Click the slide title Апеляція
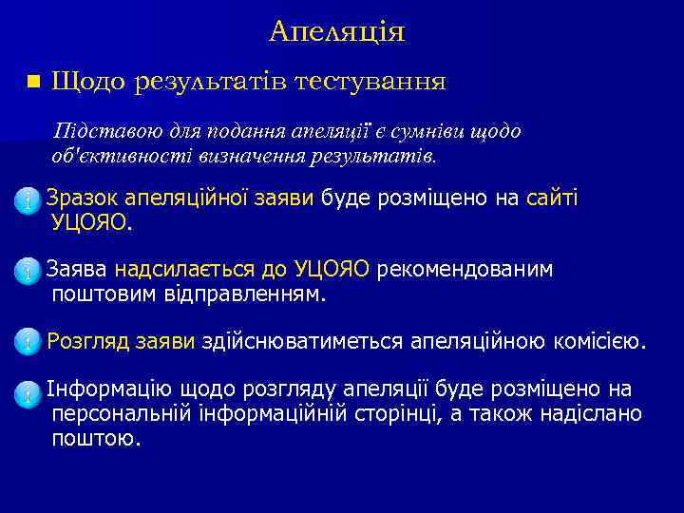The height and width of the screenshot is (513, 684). coord(336,32)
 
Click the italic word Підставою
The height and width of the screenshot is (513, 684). coord(95,131)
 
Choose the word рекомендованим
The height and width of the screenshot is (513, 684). coord(465,270)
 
